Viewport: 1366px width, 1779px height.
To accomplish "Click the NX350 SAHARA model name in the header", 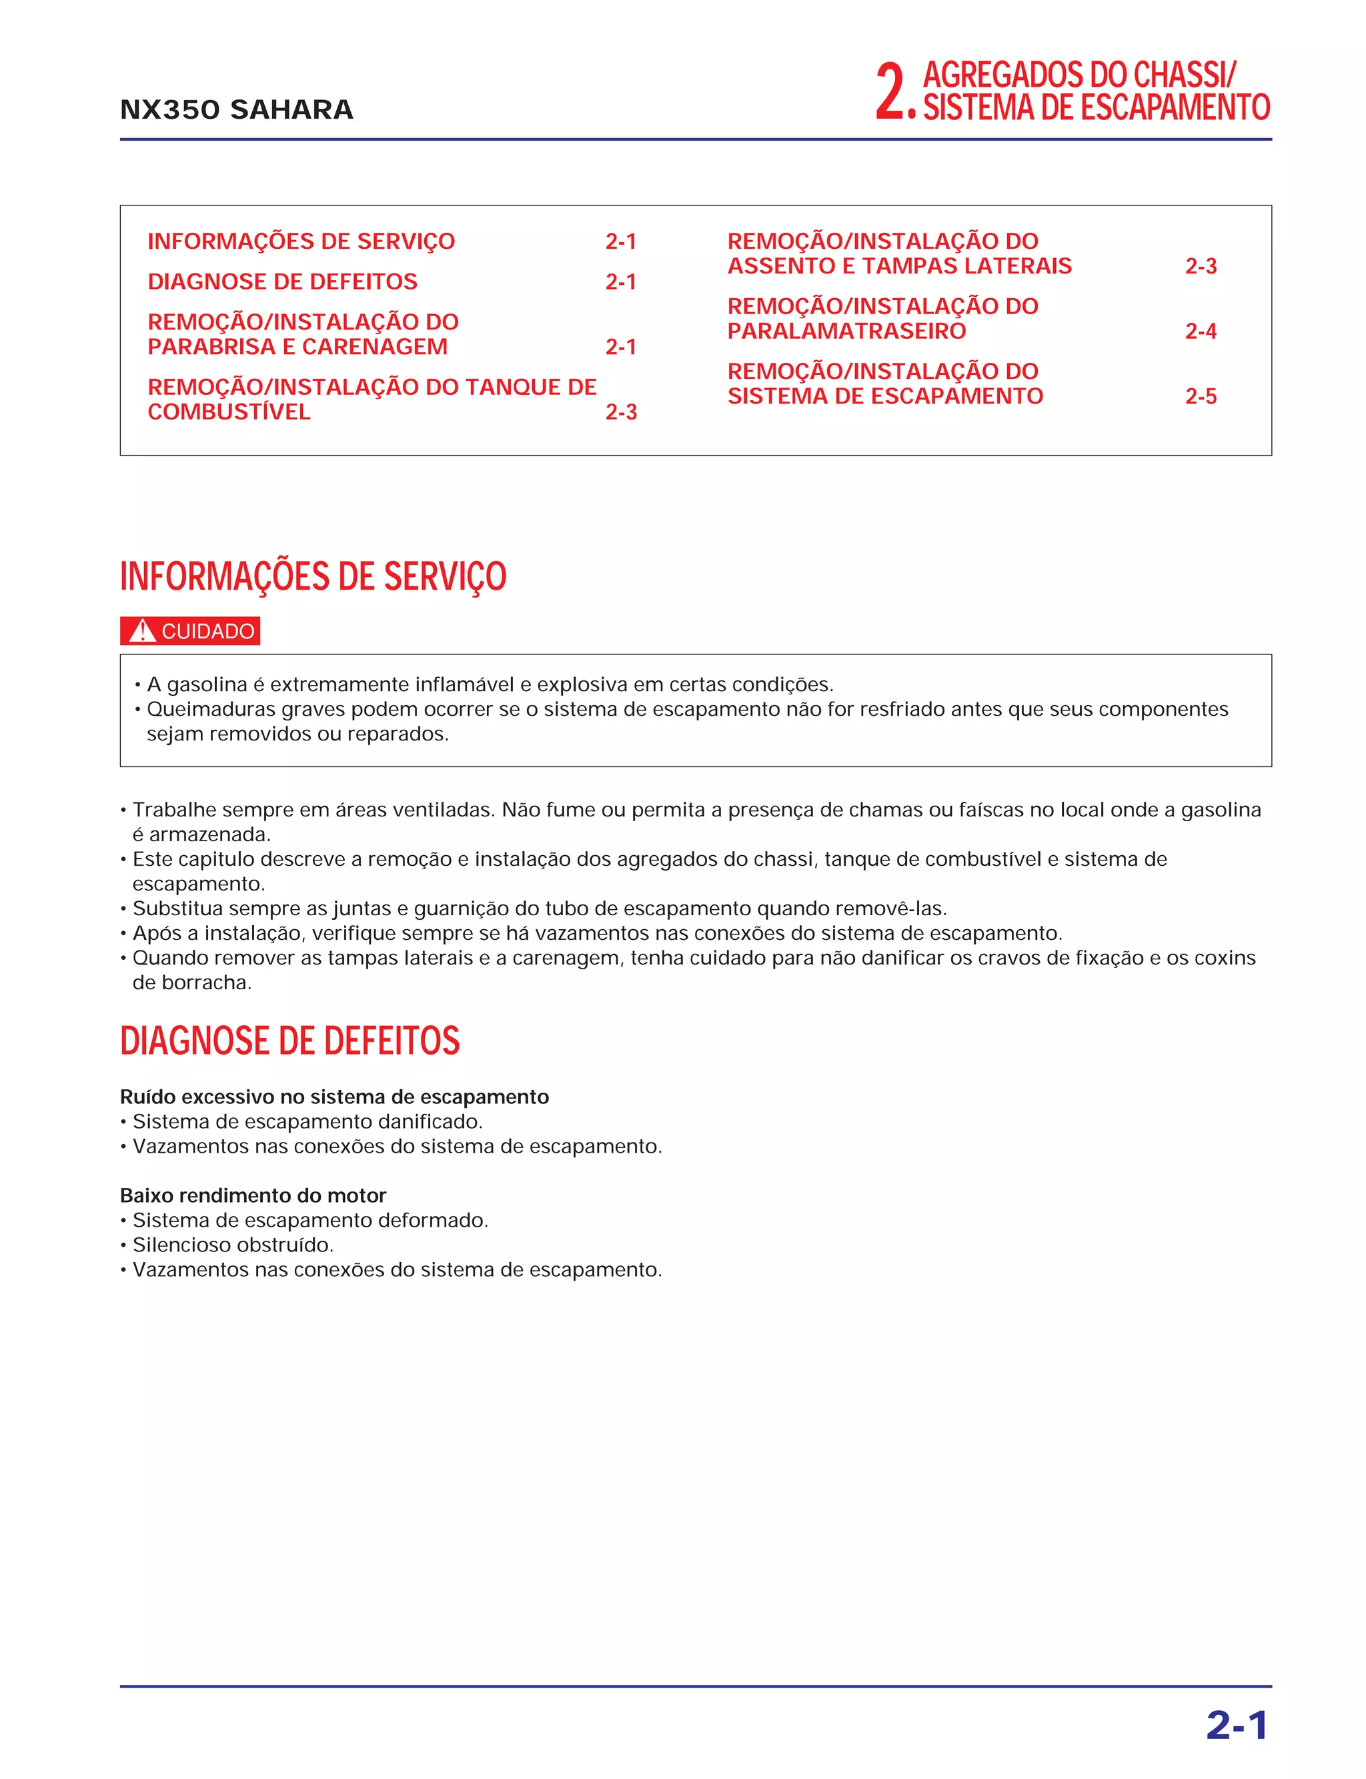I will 236,110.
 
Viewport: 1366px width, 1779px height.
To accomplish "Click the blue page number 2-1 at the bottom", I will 1236,1724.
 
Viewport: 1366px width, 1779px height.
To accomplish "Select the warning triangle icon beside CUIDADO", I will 142,631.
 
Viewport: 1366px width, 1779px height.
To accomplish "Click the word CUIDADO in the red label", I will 208,632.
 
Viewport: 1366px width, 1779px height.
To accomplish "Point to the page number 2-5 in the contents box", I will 1200,397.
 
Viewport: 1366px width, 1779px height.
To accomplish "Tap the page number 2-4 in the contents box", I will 1200,332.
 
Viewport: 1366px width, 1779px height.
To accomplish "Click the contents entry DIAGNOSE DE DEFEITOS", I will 282,282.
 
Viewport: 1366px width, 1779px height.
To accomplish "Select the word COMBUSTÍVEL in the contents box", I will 229,412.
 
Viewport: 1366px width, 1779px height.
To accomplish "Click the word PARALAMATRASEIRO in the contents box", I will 846,332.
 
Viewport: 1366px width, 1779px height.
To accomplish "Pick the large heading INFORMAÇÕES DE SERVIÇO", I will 313,576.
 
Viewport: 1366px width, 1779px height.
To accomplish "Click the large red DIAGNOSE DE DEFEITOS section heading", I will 289,1041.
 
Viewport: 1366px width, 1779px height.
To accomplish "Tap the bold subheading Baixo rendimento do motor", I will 253,1195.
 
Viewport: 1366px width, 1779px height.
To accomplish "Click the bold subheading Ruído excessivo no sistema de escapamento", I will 334,1097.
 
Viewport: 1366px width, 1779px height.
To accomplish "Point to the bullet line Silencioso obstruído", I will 233,1245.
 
